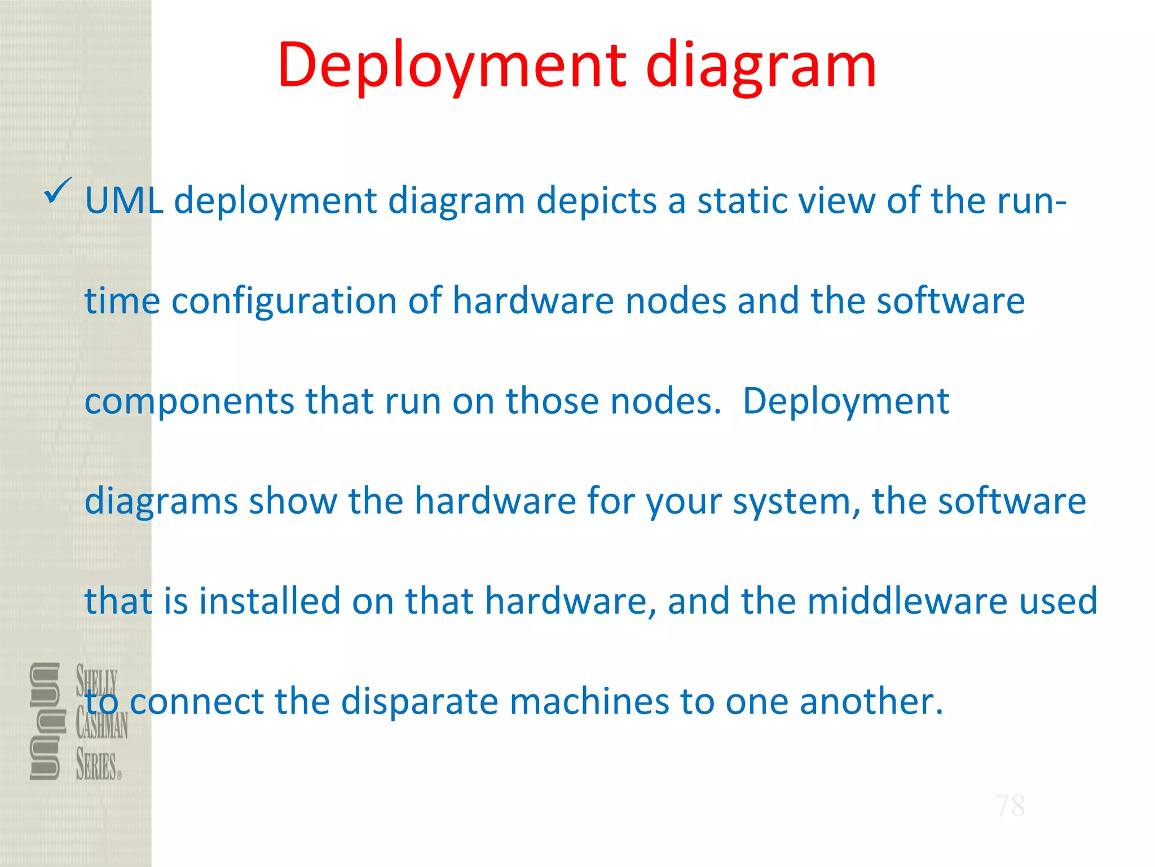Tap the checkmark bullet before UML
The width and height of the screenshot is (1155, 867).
tap(57, 190)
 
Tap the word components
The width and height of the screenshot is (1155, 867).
tap(189, 401)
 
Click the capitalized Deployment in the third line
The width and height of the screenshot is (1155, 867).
tap(845, 401)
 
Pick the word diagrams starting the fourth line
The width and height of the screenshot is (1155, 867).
tap(161, 501)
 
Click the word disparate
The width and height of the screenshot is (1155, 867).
tap(420, 701)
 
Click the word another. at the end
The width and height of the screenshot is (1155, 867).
tap(871, 701)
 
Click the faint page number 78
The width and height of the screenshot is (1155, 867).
tap(1009, 805)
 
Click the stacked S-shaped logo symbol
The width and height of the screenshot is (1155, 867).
tap(45, 721)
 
